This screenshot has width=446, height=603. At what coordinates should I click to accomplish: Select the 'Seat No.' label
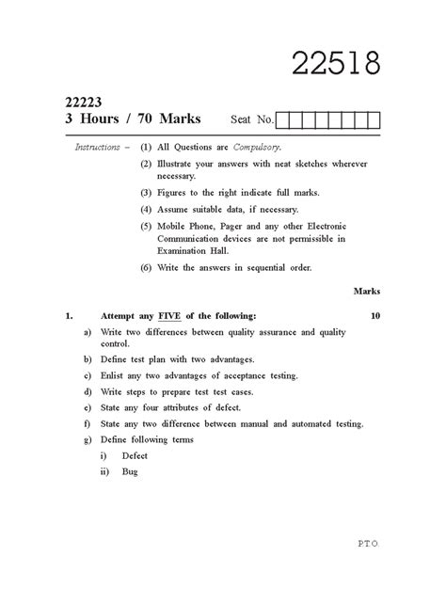click(x=251, y=120)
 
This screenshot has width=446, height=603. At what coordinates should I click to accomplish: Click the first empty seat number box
click(x=284, y=120)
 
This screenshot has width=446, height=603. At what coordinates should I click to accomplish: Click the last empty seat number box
click(x=373, y=120)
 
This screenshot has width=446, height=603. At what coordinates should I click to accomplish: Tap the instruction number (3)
click(x=146, y=193)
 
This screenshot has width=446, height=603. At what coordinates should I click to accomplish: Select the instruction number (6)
click(x=146, y=267)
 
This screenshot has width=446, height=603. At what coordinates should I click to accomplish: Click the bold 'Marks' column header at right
click(x=366, y=293)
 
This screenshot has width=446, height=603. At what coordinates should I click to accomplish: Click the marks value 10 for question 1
click(x=374, y=317)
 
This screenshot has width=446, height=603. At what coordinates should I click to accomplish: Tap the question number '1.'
click(x=69, y=317)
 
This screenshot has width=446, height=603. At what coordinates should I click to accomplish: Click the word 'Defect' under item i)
click(x=135, y=455)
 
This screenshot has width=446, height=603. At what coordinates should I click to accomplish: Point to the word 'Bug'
click(x=130, y=471)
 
